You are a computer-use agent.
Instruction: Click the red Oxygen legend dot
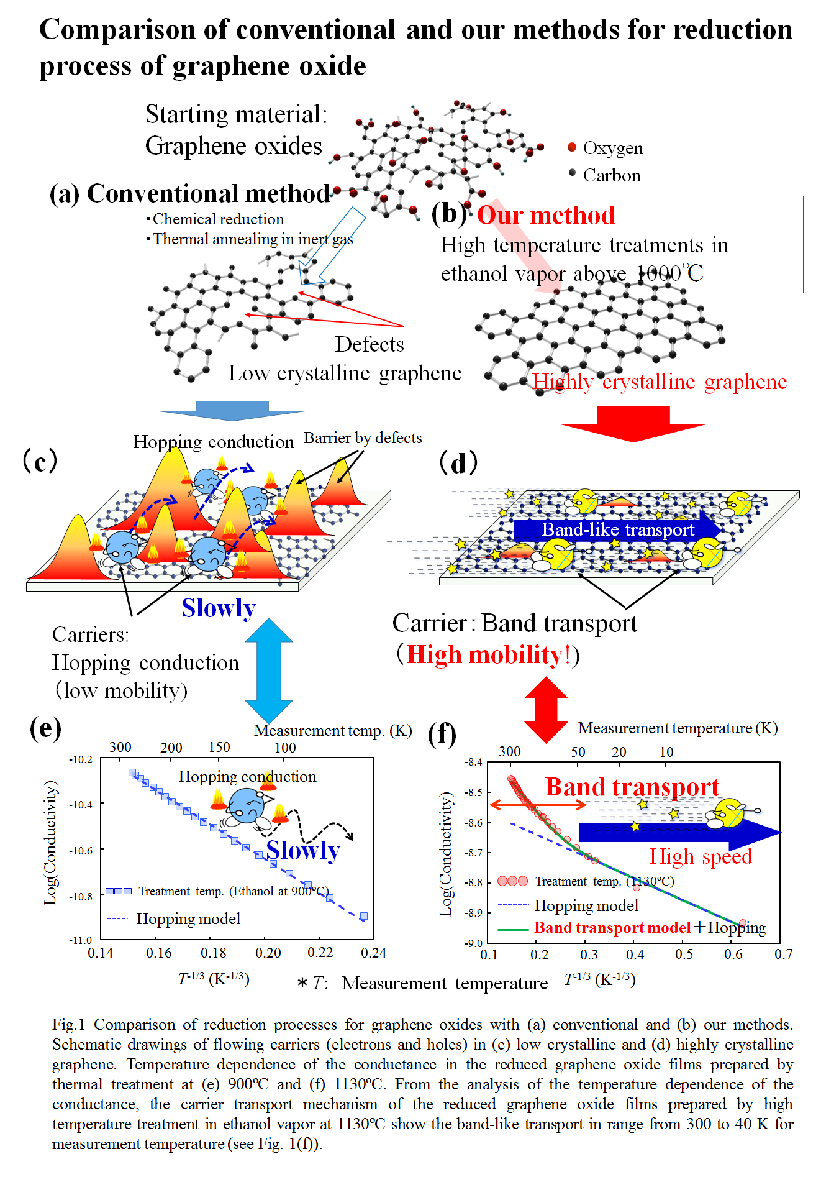(572, 147)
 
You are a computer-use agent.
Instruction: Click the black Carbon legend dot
(573, 173)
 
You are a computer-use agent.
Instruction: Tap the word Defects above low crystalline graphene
(370, 344)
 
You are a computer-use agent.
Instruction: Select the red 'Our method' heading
(546, 216)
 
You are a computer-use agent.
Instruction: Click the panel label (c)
(40, 461)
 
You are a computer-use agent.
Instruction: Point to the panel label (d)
(458, 463)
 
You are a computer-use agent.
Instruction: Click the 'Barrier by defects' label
(363, 438)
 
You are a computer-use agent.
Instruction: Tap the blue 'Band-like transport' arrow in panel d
(617, 529)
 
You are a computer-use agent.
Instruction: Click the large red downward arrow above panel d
(633, 423)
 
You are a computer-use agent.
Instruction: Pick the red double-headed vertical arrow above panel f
(546, 709)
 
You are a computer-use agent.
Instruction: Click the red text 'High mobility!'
(488, 655)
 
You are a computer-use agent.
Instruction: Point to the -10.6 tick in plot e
(81, 850)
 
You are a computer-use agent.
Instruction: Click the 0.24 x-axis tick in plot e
(373, 953)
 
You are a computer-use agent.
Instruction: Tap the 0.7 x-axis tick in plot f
(783, 954)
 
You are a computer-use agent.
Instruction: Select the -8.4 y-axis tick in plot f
(474, 763)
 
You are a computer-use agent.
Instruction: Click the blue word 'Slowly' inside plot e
(303, 850)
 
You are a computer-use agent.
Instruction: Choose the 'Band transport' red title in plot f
(632, 787)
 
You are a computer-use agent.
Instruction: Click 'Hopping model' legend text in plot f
(586, 905)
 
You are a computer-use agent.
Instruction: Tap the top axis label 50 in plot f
(578, 752)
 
